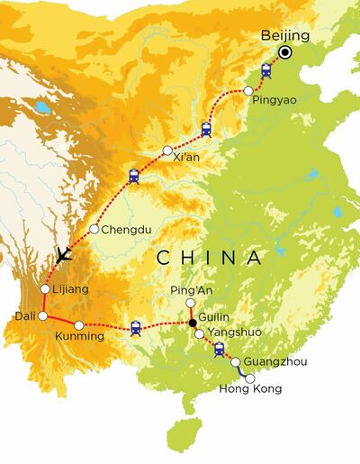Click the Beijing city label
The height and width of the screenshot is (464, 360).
click(x=284, y=36)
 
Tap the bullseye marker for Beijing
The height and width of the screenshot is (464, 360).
click(x=284, y=53)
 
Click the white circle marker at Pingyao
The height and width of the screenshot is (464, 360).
click(x=248, y=90)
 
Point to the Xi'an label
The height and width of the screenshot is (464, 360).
click(x=185, y=159)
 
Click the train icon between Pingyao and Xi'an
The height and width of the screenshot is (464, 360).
click(x=207, y=129)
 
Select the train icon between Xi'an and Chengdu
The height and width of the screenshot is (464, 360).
click(x=135, y=177)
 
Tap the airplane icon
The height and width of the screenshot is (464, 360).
click(x=63, y=256)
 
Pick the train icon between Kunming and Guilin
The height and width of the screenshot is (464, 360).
click(x=136, y=328)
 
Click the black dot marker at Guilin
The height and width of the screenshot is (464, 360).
click(x=192, y=323)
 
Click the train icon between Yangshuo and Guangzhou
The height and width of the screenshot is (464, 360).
click(x=219, y=350)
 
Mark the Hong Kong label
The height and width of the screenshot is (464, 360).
click(x=251, y=389)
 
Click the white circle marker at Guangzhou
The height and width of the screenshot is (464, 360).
click(x=237, y=363)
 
